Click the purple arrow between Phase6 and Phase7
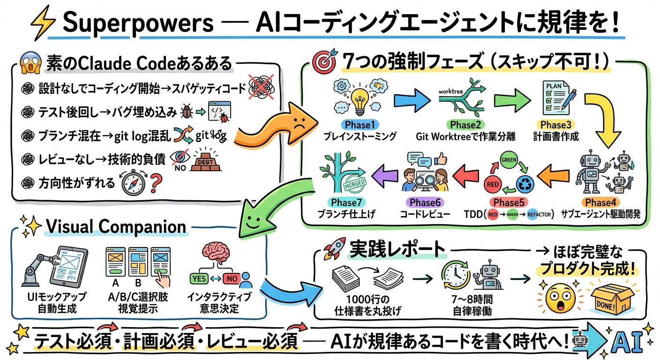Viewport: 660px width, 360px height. (x=386, y=175)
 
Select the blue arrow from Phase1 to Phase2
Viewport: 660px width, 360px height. (x=411, y=99)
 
